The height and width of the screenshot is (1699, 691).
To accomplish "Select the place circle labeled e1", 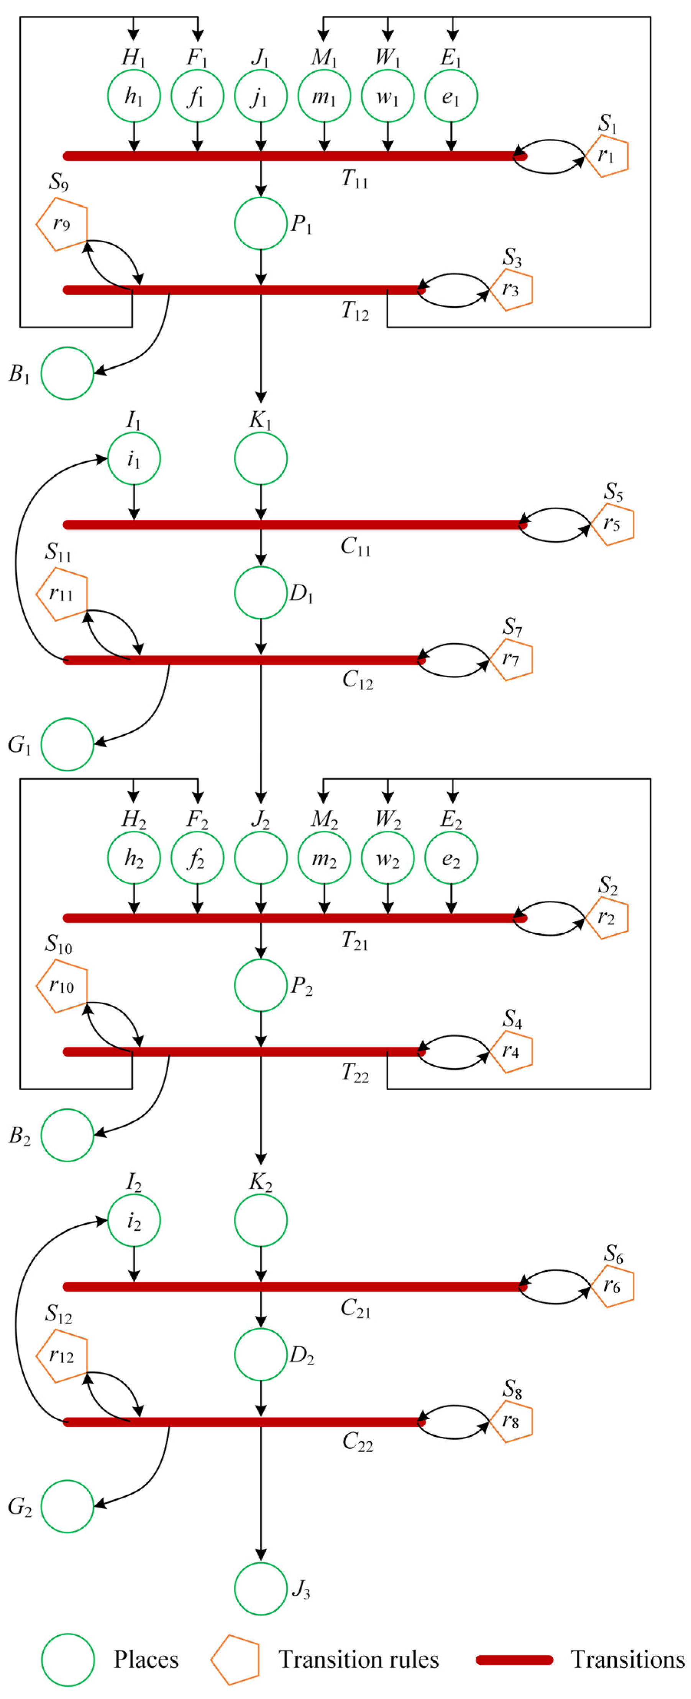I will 451,96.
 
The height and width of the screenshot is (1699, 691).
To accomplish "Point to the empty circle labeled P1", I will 261,224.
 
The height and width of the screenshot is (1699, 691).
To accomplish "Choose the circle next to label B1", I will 67,373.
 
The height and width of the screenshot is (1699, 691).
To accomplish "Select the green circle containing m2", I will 324,858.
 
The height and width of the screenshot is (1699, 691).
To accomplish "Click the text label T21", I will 355,942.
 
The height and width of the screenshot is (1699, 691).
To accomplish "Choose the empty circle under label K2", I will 261,1220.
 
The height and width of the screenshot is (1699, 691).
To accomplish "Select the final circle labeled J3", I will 261,1588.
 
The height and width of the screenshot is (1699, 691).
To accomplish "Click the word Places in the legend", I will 146,1659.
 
